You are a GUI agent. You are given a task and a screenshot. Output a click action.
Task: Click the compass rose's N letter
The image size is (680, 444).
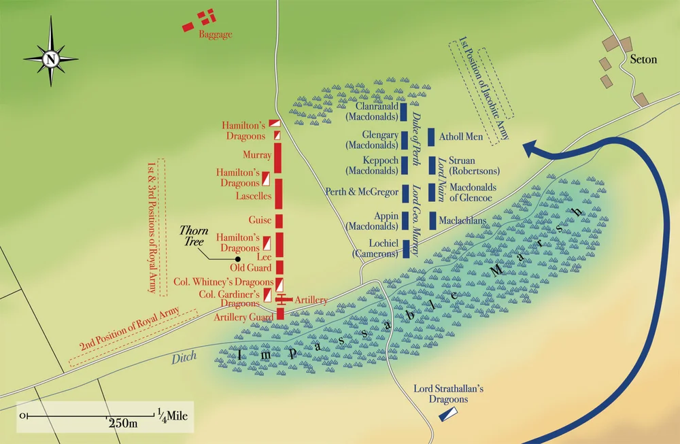tap(50, 59)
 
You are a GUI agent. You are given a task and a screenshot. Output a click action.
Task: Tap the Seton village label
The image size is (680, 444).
tap(643, 59)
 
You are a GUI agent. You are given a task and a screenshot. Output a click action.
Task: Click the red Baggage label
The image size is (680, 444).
tap(216, 34)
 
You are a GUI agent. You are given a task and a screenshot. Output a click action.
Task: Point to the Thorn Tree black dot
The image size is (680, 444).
tap(238, 259)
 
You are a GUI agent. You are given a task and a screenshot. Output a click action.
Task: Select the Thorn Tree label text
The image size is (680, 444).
tap(194, 236)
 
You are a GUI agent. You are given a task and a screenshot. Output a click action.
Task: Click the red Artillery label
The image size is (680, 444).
tap(311, 300)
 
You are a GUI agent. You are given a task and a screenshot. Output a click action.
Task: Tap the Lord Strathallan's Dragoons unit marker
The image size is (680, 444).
tap(449, 414)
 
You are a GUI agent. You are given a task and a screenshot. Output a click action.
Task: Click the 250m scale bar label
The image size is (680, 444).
tap(123, 424)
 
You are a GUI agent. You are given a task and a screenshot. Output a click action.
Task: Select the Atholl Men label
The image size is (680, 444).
tap(461, 137)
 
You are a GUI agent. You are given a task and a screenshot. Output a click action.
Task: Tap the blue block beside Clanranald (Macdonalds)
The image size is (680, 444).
tap(403, 112)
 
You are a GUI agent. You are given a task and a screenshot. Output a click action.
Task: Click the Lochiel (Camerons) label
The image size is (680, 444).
tap(375, 248)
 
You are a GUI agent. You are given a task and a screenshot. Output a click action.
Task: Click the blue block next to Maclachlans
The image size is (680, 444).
tap(431, 220)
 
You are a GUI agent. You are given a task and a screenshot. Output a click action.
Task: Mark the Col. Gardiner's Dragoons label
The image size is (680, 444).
tap(233, 299)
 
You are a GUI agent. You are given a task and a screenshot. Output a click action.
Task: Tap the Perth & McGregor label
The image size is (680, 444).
tap(362, 192)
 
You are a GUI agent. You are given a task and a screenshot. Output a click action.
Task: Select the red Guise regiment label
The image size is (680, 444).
tap(260, 220)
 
